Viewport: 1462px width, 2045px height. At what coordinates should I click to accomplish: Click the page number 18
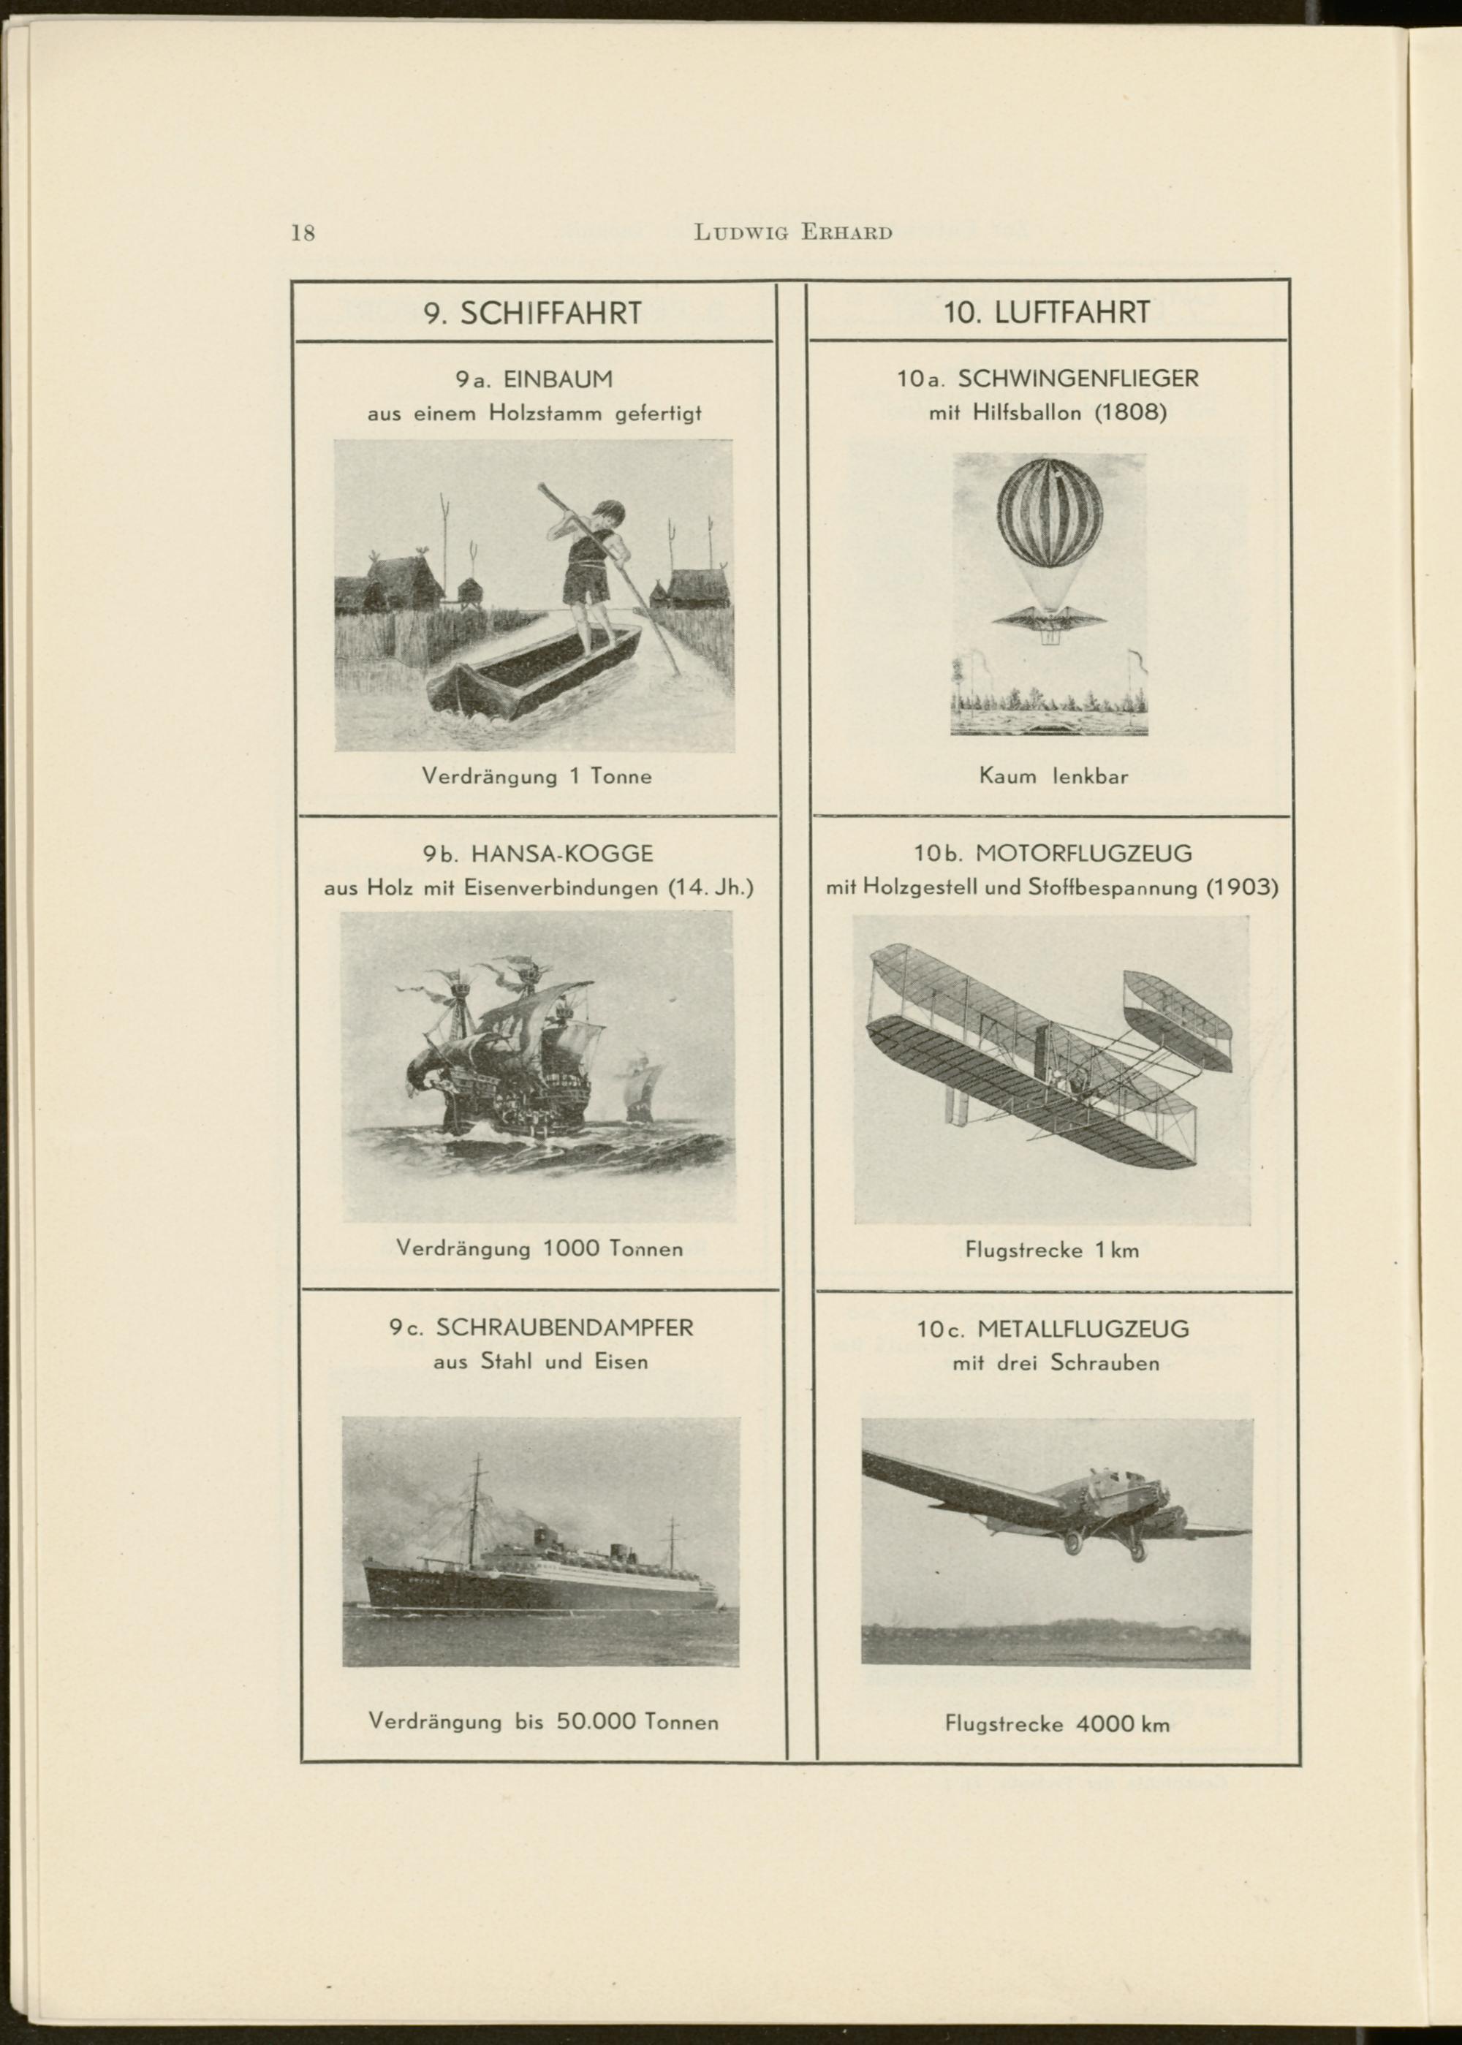303,233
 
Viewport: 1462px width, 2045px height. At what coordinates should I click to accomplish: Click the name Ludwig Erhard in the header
793,233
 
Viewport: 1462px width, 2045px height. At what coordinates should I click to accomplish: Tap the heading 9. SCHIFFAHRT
533,314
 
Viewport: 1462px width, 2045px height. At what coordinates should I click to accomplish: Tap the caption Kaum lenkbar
1053,776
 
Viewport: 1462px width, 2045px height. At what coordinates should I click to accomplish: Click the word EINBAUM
560,380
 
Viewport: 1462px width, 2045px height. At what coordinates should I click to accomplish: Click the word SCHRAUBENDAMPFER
564,1327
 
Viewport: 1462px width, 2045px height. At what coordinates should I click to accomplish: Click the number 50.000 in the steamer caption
597,1722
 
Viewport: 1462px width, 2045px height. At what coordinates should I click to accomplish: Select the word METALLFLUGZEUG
1083,1329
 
